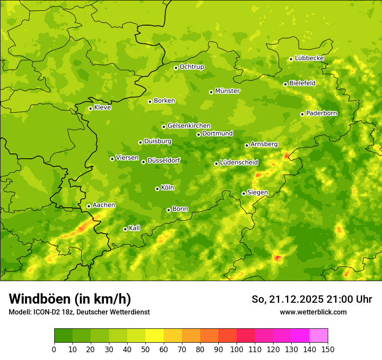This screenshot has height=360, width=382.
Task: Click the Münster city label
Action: click(x=227, y=91)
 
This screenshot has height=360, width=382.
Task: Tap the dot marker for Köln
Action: click(x=157, y=189)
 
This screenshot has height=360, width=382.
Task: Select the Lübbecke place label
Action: click(x=309, y=58)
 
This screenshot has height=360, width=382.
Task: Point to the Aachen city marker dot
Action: click(x=89, y=206)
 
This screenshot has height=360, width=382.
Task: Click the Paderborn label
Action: click(x=321, y=113)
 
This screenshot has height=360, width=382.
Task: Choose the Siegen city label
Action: click(x=257, y=193)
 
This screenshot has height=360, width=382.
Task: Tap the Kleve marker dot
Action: click(x=90, y=108)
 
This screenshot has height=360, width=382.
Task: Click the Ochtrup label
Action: click(x=191, y=67)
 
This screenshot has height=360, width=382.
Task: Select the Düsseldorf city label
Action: click(x=164, y=161)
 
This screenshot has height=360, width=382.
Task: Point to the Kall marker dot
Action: click(x=125, y=229)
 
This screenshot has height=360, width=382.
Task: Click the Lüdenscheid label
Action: click(x=239, y=163)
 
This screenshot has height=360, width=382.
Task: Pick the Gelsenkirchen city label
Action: click(x=189, y=126)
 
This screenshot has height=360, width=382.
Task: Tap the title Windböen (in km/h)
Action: click(x=70, y=299)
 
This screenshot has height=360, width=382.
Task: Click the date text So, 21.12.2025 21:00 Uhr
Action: click(x=312, y=299)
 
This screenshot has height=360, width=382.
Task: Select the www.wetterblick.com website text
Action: click(x=313, y=312)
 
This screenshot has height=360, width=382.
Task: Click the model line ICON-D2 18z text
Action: click(x=79, y=312)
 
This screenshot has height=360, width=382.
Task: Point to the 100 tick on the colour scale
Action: click(x=237, y=349)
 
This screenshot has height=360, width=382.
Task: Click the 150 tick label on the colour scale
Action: click(x=328, y=349)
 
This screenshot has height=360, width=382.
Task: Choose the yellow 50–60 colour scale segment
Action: click(x=155, y=335)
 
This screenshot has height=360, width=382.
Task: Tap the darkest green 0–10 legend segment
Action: click(x=63, y=335)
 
